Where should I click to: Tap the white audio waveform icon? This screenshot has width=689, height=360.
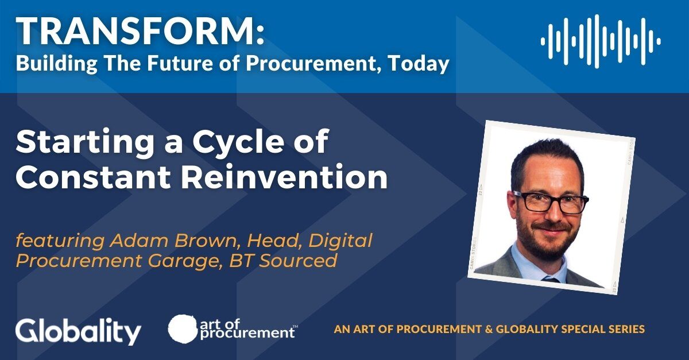[x=601, y=41]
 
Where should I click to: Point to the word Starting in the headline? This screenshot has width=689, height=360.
[x=85, y=142]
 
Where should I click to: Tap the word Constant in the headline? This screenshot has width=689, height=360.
[x=93, y=176]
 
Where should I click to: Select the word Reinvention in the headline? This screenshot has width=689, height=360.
[x=284, y=176]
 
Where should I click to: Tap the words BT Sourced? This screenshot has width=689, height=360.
[x=283, y=260]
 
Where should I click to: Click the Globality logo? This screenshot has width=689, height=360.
[x=78, y=332]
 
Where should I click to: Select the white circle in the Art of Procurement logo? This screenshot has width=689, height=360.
[x=183, y=328]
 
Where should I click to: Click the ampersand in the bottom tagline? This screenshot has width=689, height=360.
[x=489, y=329]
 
